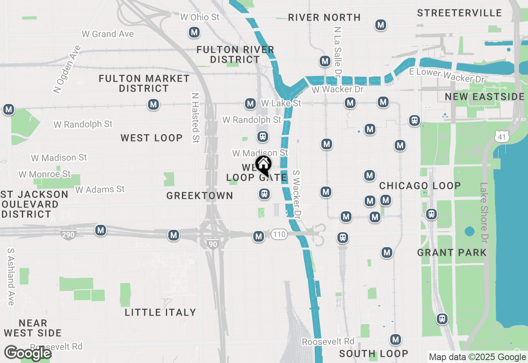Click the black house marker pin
pos(263,165)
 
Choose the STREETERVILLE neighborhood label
pos(459,13)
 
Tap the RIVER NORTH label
pos(324,17)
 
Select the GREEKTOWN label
pos(200,196)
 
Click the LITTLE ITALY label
pos(160,312)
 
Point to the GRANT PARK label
pos(452,252)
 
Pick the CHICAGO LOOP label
pos(420,186)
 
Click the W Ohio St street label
pos(200,17)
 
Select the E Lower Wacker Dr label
pos(447,75)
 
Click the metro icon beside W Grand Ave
pos(194,32)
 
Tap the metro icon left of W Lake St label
pos(250,104)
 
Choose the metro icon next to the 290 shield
pos(100,230)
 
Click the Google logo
pos(28,353)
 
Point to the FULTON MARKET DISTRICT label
pos(144,83)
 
